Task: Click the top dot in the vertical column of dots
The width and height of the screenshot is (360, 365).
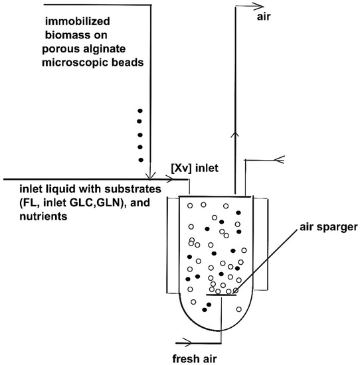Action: pyautogui.click(x=139, y=110)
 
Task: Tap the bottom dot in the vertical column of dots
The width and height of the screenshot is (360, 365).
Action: pyautogui.click(x=139, y=160)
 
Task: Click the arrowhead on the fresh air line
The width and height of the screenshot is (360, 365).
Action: pyautogui.click(x=193, y=343)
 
